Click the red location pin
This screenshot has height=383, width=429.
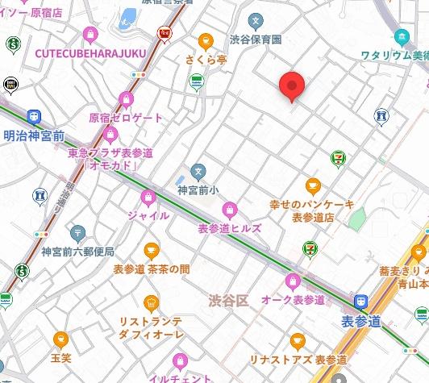point(291,85)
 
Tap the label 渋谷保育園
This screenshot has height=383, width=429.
point(256,39)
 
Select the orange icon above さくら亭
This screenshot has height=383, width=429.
point(206,39)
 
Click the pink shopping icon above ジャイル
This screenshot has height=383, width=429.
point(148,198)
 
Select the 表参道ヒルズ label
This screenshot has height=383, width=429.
point(230,228)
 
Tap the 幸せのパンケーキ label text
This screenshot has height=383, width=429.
point(311,205)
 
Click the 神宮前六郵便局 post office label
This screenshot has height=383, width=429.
point(78,252)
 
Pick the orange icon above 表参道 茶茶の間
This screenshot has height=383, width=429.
point(151,251)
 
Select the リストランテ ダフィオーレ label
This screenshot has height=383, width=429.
point(151,327)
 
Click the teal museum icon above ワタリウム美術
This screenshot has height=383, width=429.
point(401,36)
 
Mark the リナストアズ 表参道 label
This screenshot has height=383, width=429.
point(309,359)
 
